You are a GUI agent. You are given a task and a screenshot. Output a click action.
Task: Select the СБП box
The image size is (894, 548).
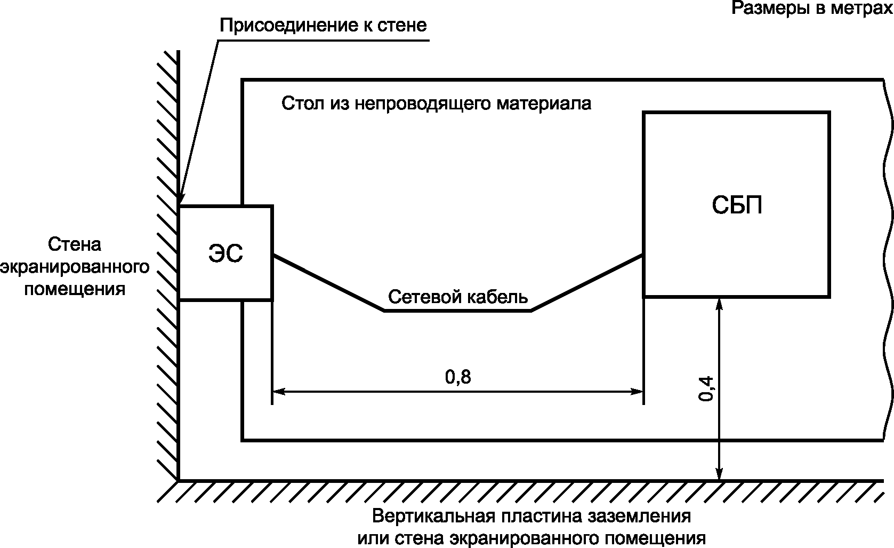click(736, 204)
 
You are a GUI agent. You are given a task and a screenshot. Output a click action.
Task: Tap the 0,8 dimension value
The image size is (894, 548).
click(458, 377)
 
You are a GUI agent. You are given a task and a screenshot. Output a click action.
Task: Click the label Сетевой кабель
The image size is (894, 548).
click(457, 297)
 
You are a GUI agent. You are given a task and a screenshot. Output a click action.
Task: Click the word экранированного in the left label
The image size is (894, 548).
click(74, 267)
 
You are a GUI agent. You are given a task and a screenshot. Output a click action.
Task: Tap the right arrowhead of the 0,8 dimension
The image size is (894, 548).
click(638, 391)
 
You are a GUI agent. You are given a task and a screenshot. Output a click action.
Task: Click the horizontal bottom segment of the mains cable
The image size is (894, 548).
click(457, 311)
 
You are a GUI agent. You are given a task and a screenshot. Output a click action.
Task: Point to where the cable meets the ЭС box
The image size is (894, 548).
click(273, 256)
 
